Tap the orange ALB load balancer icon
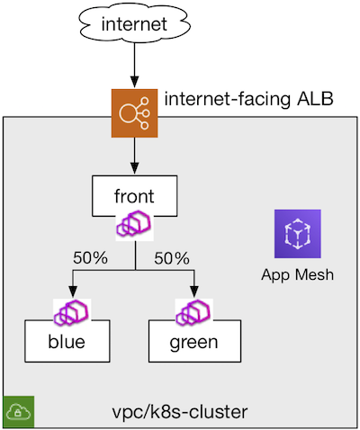135,113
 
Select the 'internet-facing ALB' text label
248,99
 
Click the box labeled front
135,196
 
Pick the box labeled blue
67,341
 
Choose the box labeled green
194,341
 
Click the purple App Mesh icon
298,234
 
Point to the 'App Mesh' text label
297,274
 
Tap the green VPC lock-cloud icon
19,411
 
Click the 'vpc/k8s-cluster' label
180,412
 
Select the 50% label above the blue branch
90,258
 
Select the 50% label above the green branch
172,258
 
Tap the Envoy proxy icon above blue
72,312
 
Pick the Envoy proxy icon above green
194,312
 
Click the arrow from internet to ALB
135,66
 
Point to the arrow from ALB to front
135,156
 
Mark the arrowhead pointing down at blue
73,291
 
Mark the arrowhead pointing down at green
194,291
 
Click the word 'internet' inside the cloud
134,24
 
